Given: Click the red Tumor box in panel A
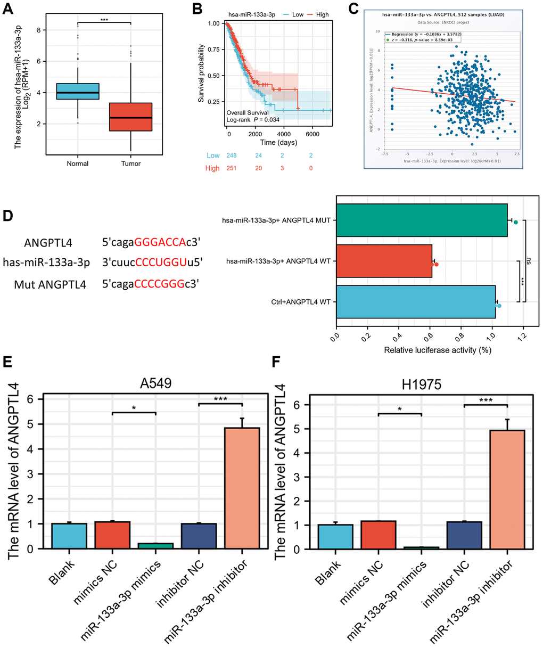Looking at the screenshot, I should point(130,117).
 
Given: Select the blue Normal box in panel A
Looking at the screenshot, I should point(78,91).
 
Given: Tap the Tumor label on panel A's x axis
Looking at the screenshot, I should point(130,163).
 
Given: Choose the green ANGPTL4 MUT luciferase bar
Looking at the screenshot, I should point(422,219).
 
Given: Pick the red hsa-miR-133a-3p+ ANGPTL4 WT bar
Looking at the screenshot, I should point(384,261).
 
